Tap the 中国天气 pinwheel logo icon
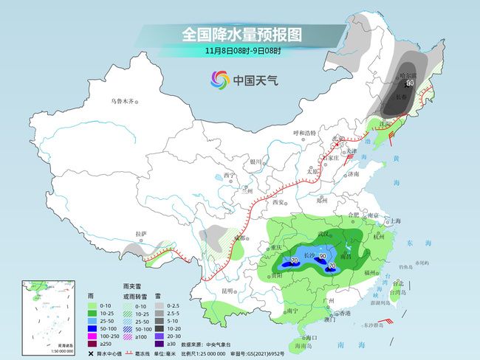220,79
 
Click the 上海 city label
396,221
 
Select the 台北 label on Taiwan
397,283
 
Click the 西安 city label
278,201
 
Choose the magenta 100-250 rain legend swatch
72,335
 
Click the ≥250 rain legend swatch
72,343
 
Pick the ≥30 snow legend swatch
160,343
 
